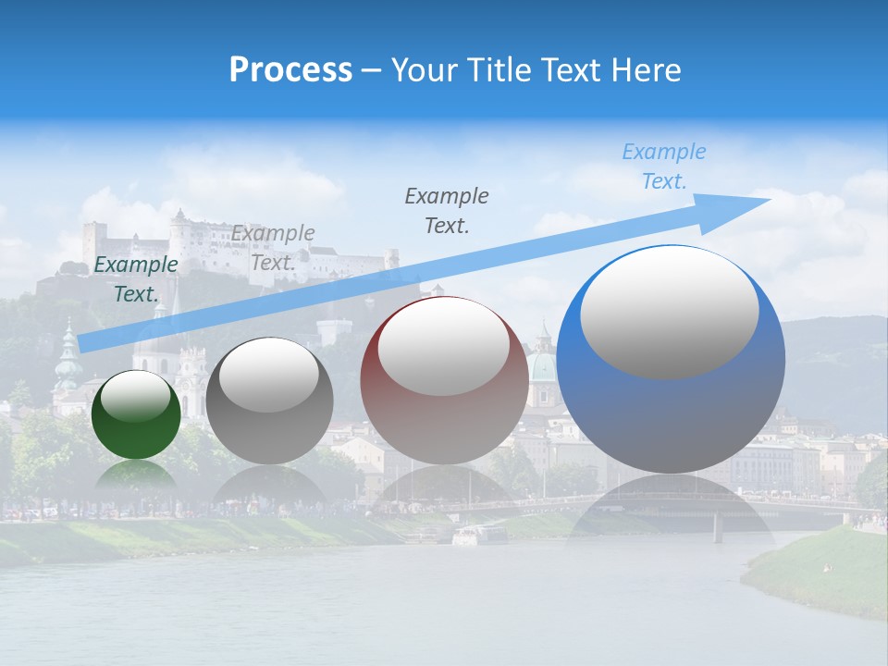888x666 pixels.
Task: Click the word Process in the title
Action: tap(290, 70)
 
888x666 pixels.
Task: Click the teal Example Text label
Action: tap(135, 278)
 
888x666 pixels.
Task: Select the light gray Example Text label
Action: tap(273, 247)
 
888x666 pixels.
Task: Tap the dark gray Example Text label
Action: tap(447, 210)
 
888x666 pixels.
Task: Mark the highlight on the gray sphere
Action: tap(269, 376)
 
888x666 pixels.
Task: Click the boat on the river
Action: tap(478, 535)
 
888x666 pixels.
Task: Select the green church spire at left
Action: tap(68, 356)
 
